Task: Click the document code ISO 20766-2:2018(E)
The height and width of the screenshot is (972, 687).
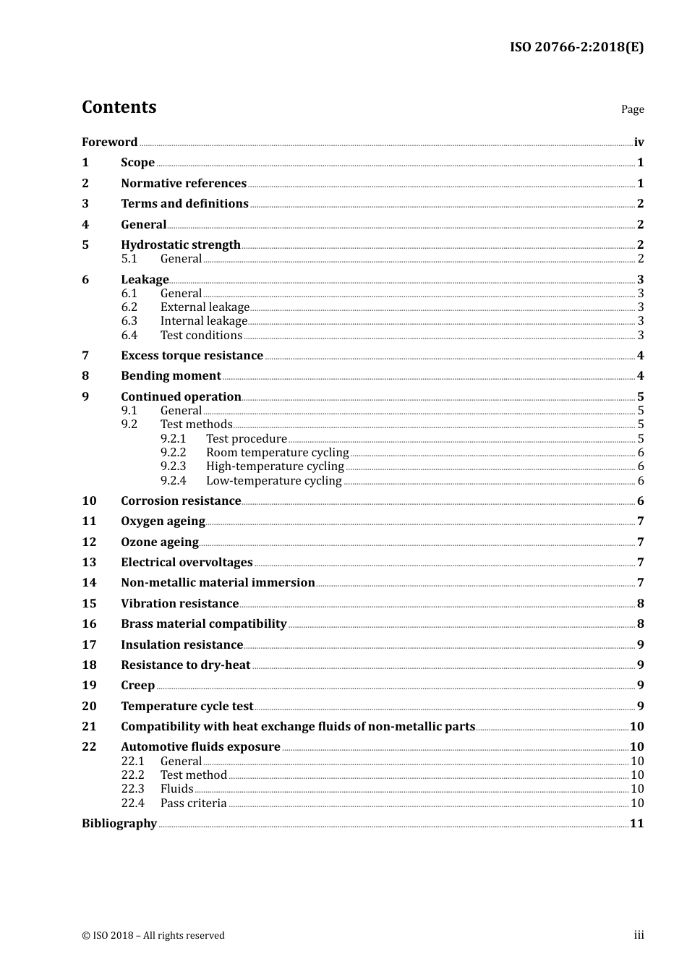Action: [x=576, y=47]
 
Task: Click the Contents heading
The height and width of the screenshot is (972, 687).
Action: [x=119, y=107]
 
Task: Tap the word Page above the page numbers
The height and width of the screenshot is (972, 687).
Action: [x=632, y=109]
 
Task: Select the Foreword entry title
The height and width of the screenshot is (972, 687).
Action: [x=109, y=142]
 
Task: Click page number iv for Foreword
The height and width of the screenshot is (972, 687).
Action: [x=639, y=142]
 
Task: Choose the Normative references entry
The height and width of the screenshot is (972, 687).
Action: [x=184, y=183]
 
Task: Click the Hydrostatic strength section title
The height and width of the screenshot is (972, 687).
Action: [x=180, y=244]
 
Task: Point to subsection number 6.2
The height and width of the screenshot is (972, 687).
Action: [x=129, y=307]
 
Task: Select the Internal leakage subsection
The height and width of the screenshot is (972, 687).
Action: [x=203, y=320]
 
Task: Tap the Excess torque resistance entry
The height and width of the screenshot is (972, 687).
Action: [x=192, y=355]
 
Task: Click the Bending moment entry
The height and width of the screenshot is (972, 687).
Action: [x=171, y=375]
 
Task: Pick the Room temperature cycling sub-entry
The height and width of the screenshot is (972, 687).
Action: [x=277, y=452]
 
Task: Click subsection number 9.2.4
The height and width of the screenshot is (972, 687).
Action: [x=173, y=480]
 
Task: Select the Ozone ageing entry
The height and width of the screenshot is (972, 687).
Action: [x=159, y=542]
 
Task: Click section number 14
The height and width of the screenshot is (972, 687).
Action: [x=89, y=582]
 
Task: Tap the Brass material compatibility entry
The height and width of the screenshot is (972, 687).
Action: [x=203, y=623]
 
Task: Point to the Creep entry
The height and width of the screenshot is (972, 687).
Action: [x=137, y=685]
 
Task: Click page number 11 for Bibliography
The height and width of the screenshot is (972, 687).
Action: [x=636, y=823]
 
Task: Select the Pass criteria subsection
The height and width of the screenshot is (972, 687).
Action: [x=193, y=803]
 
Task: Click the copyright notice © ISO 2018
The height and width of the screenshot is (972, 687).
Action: [x=153, y=935]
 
